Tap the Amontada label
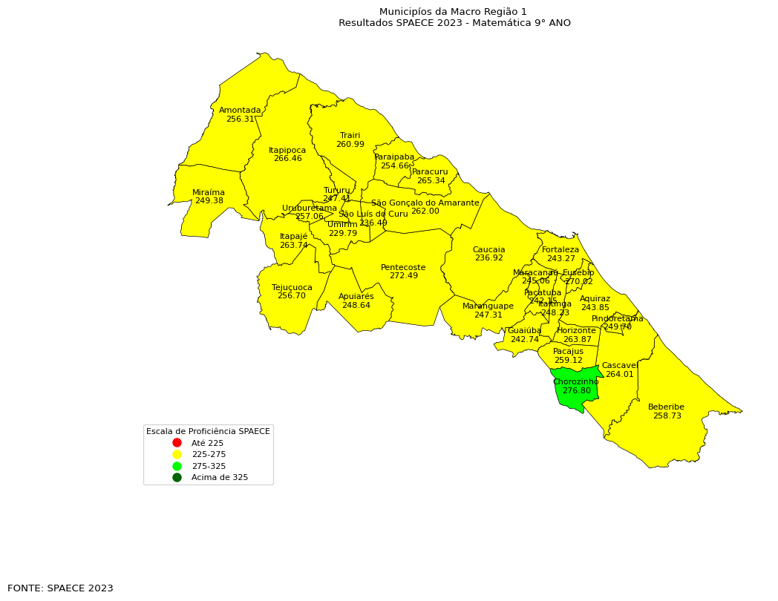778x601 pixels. pos(240,111)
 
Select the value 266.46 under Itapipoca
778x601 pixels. pos(287,159)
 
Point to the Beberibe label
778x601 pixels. pos(666,407)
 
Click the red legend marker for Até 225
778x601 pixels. pos(177,443)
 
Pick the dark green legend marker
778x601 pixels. pos(177,478)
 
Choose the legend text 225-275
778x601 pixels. pos(209,455)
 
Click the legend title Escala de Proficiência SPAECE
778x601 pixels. pos(208,431)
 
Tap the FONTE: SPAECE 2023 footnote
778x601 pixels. pos(60,588)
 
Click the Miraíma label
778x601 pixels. pos(209,193)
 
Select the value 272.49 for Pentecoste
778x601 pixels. pos(403,276)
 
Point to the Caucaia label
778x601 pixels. pos(488,250)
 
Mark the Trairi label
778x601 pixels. pos(350,136)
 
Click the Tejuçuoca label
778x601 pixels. pos(292,288)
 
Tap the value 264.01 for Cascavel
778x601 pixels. pos(619,375)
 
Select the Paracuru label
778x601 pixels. pos(430,172)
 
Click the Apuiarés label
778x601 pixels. pos(356,297)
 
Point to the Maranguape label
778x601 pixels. pos(488,306)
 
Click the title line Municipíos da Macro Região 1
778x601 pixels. pos(453,12)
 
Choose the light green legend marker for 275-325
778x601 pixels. pos(177,466)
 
